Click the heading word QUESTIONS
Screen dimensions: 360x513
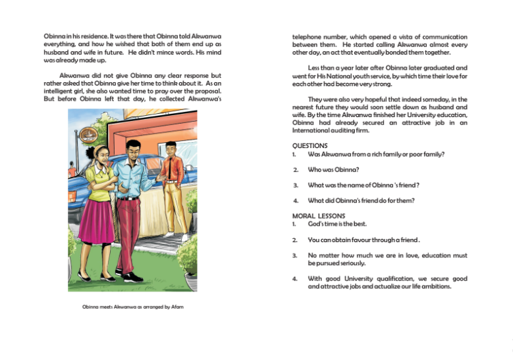(310, 145)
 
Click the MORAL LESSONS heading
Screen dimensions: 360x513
(319, 215)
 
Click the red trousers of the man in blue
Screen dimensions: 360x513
(129, 230)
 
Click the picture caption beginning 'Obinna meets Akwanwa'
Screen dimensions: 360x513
(132, 307)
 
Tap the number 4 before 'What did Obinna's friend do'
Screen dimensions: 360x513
(296, 201)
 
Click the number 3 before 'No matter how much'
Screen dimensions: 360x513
(296, 255)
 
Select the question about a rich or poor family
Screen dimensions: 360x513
(376, 155)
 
